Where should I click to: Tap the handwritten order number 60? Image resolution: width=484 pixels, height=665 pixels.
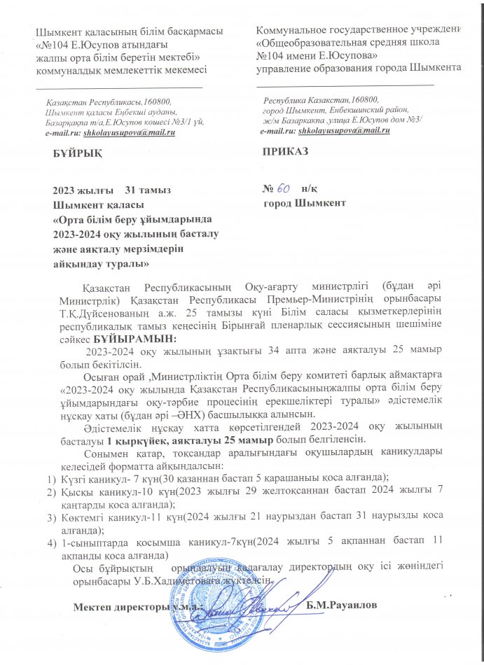(284, 189)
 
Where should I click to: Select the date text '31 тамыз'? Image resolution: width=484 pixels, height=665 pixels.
(146, 191)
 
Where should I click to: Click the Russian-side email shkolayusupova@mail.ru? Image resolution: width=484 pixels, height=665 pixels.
(343, 131)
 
